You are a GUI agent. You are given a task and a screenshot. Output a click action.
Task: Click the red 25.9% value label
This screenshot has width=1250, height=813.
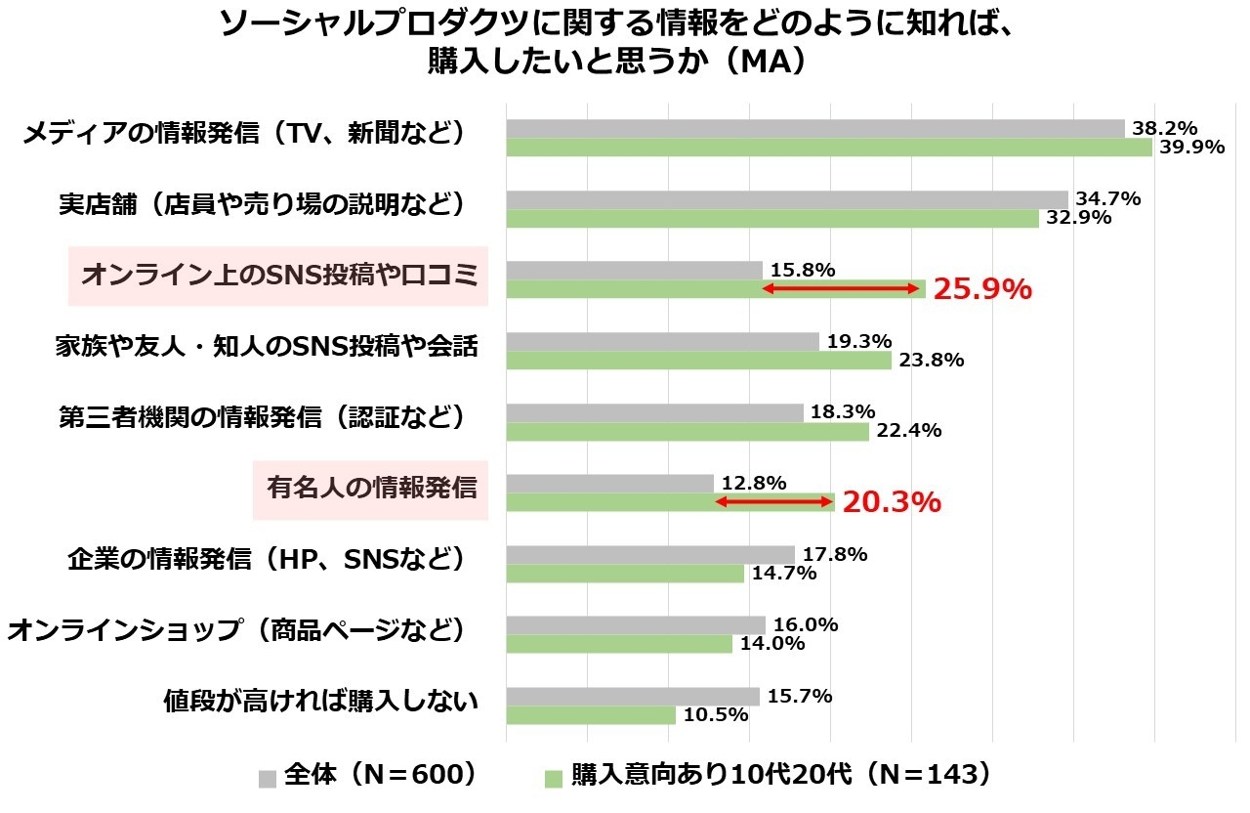pos(981,289)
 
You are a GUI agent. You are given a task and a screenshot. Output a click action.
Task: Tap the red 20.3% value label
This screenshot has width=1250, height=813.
pos(891,502)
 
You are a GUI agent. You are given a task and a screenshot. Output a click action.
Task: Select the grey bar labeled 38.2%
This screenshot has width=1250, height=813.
pos(814,128)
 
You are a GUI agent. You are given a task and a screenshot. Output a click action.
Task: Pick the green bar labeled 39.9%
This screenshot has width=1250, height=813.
pos(828,148)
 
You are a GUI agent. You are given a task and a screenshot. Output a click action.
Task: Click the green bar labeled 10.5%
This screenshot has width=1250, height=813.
pos(590,715)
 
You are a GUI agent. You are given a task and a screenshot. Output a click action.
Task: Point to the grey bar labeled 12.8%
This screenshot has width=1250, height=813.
pos(609,484)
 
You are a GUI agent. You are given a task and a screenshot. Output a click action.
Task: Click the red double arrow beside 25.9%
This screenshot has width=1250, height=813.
pos(843,289)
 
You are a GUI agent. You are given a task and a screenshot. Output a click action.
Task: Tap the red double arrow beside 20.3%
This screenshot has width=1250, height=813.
pos(774,502)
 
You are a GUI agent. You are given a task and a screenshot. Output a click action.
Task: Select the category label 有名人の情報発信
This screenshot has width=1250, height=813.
pos(372,488)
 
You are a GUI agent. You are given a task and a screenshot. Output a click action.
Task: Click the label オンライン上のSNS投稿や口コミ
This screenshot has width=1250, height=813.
pos(278,276)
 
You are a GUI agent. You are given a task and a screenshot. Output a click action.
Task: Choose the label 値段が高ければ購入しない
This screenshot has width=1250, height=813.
pos(321,701)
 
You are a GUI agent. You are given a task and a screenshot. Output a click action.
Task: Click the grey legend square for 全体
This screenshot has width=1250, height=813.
pos(268,778)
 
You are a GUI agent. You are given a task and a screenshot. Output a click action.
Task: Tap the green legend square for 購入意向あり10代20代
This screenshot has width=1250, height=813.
pos(554,778)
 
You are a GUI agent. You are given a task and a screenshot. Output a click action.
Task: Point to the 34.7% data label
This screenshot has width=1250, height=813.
pos(1107,199)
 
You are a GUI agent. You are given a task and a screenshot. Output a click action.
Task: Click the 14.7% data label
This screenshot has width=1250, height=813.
pos(783,574)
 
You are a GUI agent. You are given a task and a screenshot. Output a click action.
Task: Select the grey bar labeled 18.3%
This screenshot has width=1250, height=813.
pos(654,412)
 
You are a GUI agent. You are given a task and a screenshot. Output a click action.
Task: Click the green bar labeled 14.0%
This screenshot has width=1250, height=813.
pos(618,644)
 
